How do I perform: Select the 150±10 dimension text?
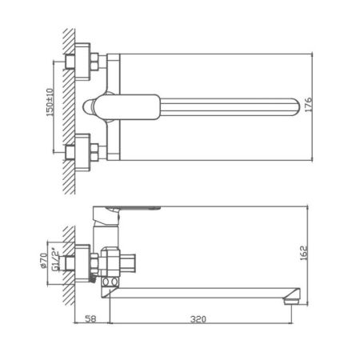coord(50,104)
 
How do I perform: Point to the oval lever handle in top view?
coord(120,105)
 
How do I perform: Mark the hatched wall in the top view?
coord(69,104)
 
